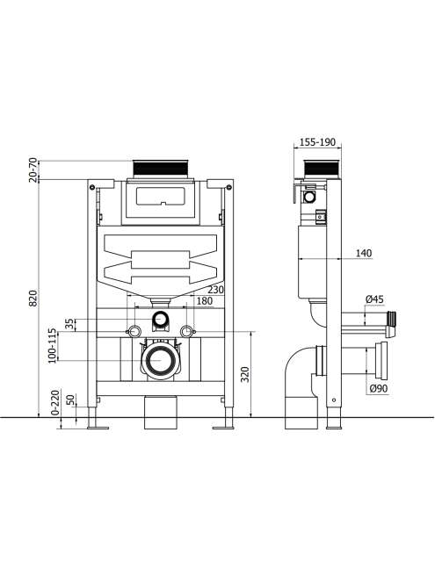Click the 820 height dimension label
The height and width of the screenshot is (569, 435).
click(33, 299)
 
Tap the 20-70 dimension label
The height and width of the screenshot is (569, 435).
click(33, 169)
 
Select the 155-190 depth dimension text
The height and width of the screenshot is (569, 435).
click(317, 142)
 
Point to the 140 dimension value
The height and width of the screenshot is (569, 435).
click(364, 253)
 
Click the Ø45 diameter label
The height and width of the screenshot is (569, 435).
click(374, 299)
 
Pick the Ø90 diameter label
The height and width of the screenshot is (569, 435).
click(379, 388)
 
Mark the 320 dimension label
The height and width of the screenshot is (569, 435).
click(245, 374)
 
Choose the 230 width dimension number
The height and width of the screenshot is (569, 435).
click(215, 290)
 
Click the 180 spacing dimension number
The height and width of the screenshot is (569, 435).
click(205, 301)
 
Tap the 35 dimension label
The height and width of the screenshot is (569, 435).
click(69, 324)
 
